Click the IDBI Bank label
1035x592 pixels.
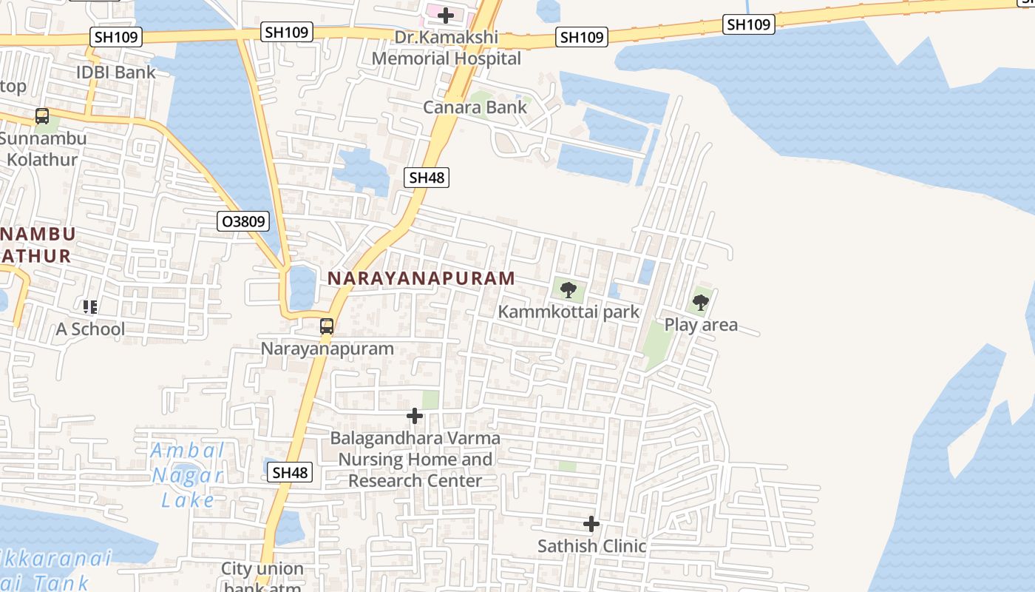coord(117,72)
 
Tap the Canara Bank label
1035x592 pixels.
coord(475,107)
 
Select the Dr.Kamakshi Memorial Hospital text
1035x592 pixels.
coord(446,47)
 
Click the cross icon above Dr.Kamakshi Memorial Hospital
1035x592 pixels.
coord(445,15)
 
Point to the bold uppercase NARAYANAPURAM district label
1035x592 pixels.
coord(421,278)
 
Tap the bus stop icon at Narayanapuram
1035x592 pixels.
coord(326,326)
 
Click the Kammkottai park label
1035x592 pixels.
coord(568,312)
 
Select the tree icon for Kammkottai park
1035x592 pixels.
coord(568,289)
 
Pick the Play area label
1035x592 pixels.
coord(701,325)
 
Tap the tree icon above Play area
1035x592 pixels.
coord(700,302)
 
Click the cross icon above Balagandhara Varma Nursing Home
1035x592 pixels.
coord(415,416)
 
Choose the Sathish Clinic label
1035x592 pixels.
coord(591,546)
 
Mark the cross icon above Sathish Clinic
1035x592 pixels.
coord(591,524)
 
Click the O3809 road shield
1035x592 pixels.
coord(243,221)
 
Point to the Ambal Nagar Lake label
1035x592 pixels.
coord(188,475)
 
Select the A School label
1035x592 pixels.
coord(90,329)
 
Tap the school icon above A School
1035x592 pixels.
coord(90,306)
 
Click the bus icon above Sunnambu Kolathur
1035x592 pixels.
coord(42,116)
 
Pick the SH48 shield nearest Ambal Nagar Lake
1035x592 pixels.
coord(291,472)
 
